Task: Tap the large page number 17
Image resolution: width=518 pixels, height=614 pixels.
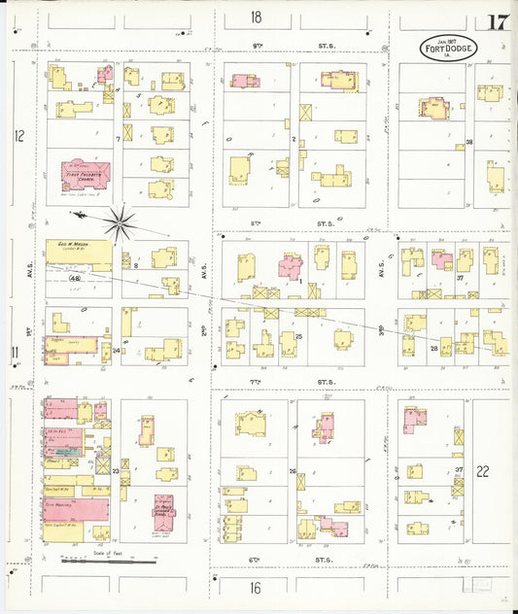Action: click(x=500, y=22)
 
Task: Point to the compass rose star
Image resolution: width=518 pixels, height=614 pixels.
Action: click(x=120, y=224)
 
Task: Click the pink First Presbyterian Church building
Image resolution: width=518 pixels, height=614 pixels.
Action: click(x=86, y=174)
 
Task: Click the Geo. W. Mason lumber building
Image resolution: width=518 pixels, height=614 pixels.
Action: click(x=79, y=255)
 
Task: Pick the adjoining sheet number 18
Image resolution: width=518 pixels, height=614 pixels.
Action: click(x=256, y=17)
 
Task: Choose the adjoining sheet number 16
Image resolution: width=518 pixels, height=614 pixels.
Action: click(x=256, y=588)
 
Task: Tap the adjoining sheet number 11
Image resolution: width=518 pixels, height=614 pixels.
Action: click(x=15, y=351)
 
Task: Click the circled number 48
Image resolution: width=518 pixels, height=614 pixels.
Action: click(x=74, y=279)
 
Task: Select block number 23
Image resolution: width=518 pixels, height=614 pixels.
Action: click(x=115, y=471)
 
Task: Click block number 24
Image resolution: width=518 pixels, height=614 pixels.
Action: click(x=116, y=350)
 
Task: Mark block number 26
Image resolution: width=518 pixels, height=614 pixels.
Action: click(x=292, y=471)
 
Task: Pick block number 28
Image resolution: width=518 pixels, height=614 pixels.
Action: click(x=434, y=348)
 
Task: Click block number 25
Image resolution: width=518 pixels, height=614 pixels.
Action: click(x=299, y=336)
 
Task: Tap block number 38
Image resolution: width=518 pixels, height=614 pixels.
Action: click(x=468, y=143)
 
